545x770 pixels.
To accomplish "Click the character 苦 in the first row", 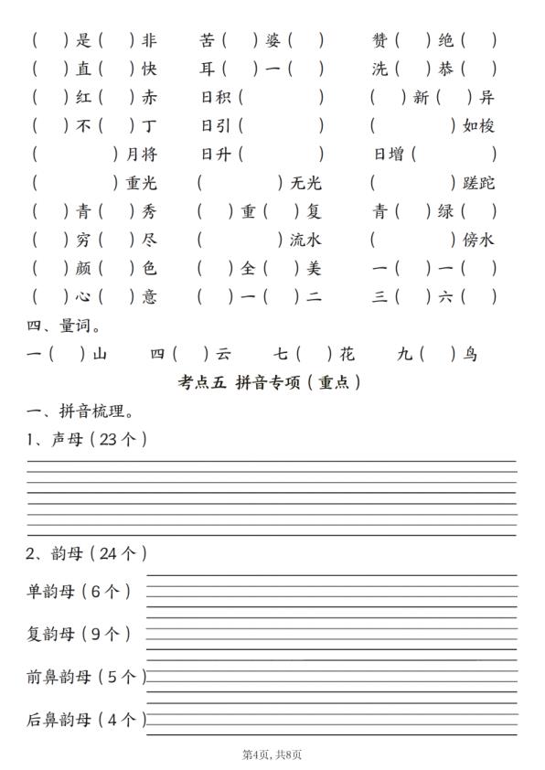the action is pos(208,40).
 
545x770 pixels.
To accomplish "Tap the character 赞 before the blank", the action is pos(379,40).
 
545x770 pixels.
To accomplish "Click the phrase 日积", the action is pos(216,97).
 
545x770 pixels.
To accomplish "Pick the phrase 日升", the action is pos(216,154).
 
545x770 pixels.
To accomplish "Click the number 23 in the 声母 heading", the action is pos(106,440).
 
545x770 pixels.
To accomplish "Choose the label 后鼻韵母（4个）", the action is pos(86,720).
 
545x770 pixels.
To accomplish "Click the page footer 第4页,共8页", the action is pos(272,754).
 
